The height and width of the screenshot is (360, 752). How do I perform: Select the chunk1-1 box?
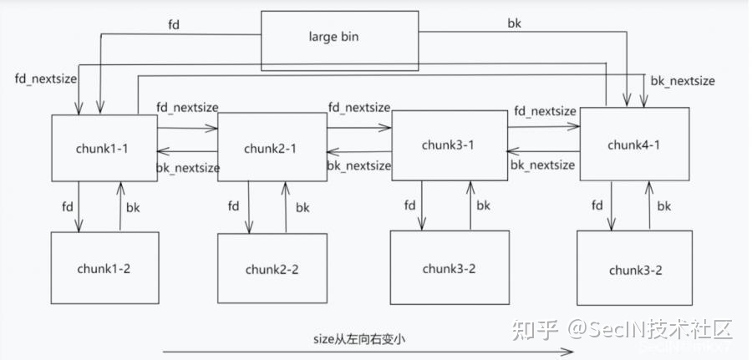pyautogui.click(x=104, y=148)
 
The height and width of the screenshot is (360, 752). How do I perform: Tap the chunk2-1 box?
pyautogui.click(x=272, y=149)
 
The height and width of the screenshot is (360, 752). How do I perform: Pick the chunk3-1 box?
pyautogui.click(x=449, y=145)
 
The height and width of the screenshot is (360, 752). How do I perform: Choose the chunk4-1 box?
pyautogui.click(x=634, y=143)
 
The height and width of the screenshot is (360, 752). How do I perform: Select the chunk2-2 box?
pyautogui.click(x=272, y=268)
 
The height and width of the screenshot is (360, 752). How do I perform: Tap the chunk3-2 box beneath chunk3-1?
pyautogui.click(x=449, y=267)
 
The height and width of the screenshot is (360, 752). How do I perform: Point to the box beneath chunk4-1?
pyautogui.click(x=635, y=269)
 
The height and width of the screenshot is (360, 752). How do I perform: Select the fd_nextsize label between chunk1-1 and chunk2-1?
pyautogui.click(x=187, y=109)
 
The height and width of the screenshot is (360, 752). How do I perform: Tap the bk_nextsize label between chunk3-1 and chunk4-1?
pyautogui.click(x=542, y=165)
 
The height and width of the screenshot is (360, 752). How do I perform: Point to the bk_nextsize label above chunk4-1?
pyautogui.click(x=683, y=81)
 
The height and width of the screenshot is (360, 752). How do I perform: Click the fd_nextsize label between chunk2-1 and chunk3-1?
pyautogui.click(x=359, y=108)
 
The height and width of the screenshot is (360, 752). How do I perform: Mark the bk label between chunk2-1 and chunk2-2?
pyautogui.click(x=302, y=207)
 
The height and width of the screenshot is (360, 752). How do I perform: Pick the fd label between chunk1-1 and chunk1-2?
pyautogui.click(x=67, y=205)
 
